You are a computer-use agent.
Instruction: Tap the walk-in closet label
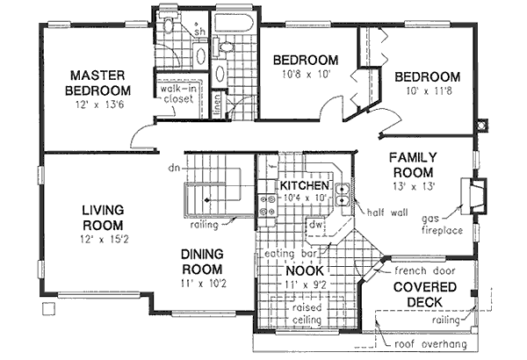[x=179, y=94]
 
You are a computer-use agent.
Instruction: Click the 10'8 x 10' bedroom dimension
[x=305, y=76]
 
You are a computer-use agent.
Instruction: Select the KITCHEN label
[x=305, y=187]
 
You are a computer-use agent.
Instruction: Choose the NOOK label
[x=305, y=271]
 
